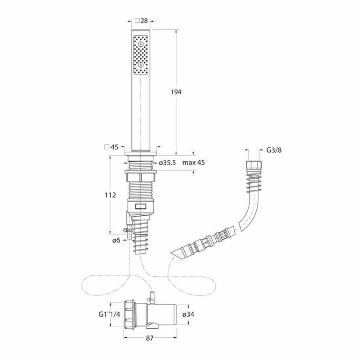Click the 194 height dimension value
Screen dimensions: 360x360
(x=176, y=92)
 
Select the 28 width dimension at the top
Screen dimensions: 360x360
(x=144, y=21)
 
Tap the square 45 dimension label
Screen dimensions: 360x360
(x=114, y=147)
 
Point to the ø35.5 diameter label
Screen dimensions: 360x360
(x=167, y=163)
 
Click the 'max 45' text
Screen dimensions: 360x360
(x=193, y=163)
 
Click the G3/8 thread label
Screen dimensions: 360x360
(x=274, y=150)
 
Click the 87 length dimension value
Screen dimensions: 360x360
(x=150, y=339)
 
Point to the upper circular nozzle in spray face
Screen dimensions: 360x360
(x=141, y=44)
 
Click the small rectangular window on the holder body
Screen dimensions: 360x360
(x=141, y=207)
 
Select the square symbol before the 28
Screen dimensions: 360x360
(x=137, y=21)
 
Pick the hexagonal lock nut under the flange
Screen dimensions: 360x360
(x=141, y=177)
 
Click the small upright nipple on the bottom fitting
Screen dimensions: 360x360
(x=152, y=296)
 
